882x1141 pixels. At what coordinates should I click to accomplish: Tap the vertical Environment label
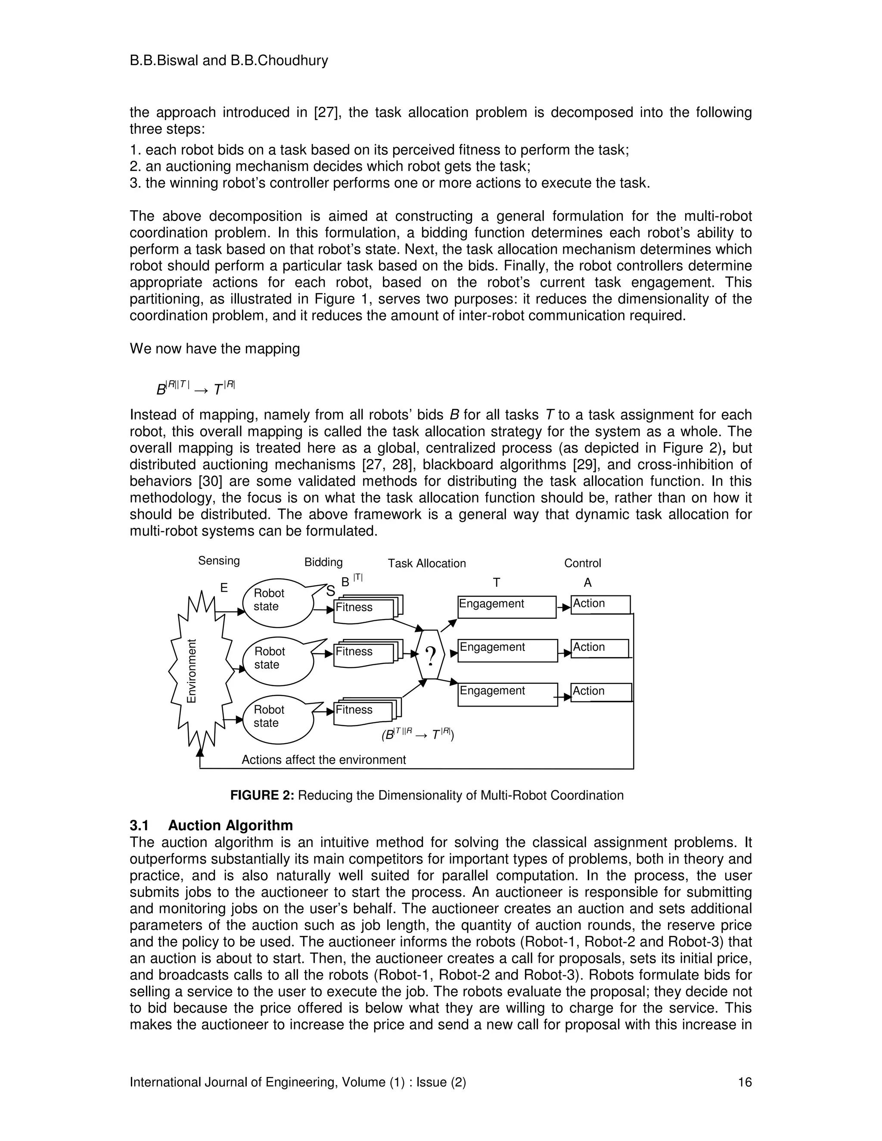192,671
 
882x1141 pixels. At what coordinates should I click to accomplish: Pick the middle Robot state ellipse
277,661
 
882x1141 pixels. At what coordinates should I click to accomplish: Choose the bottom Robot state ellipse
277,719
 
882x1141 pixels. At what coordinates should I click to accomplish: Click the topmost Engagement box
506,607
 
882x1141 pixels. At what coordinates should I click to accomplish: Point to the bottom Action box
601,692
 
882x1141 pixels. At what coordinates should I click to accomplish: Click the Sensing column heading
219,561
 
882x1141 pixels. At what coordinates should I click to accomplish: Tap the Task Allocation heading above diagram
426,563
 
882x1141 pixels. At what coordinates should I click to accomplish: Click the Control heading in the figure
582,563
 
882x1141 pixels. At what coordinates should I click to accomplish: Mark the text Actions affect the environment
323,760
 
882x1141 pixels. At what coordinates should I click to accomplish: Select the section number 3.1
139,825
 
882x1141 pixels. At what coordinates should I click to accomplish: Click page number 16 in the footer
744,1082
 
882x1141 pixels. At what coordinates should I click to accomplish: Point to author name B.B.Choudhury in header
279,61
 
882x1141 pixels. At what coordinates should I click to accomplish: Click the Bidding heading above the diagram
323,562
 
